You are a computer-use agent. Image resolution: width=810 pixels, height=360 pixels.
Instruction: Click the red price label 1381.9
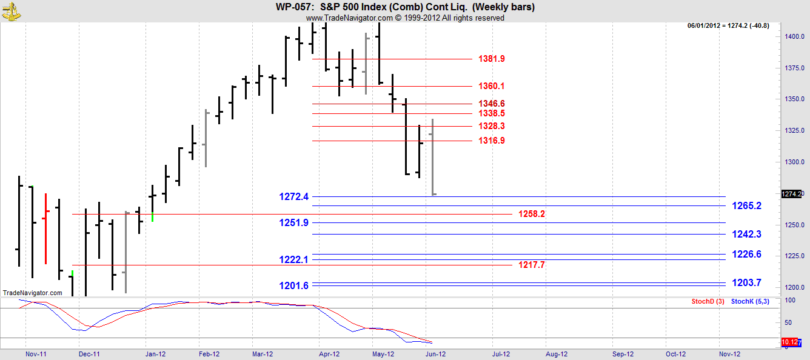coord(491,59)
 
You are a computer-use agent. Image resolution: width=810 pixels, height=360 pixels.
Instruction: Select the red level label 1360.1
coord(491,86)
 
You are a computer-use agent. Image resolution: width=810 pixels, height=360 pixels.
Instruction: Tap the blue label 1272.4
coord(293,196)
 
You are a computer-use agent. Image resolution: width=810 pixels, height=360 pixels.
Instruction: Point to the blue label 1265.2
coord(746,206)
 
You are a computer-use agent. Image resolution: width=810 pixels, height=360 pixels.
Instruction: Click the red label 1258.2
coord(531,214)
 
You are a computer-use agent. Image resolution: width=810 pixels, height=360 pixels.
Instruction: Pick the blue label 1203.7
coord(746,283)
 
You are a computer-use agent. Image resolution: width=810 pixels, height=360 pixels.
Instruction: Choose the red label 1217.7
coord(531,265)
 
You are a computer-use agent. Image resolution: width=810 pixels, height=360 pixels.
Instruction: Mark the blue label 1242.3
coord(746,235)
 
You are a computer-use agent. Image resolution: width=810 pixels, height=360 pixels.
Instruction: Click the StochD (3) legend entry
coord(708,302)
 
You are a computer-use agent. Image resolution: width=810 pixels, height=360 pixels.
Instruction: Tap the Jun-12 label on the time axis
coord(435,354)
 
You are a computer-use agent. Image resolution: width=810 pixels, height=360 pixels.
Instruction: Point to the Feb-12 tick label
coord(209,354)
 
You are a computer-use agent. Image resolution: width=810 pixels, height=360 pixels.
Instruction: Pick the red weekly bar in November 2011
coord(45,228)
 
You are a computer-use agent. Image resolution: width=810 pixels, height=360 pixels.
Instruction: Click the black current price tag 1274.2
coord(792,194)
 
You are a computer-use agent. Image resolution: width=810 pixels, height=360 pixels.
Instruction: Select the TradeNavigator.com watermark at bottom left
coord(32,293)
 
